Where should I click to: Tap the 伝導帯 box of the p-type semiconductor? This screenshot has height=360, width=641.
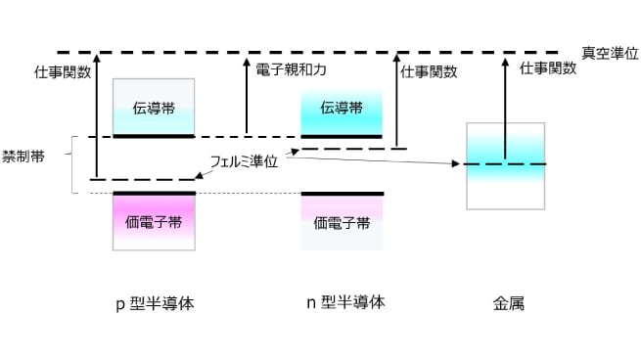154,107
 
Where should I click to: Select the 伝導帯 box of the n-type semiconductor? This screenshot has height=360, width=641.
342,108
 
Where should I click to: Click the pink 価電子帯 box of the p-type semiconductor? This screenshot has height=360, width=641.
154,222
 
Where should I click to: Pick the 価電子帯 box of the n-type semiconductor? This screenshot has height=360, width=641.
342,222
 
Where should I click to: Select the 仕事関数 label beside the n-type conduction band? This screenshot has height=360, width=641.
429,70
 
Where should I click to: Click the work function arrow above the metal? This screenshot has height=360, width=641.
506,107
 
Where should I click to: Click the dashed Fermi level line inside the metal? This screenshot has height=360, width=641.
506,164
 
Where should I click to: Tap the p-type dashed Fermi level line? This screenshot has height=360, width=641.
143,180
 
